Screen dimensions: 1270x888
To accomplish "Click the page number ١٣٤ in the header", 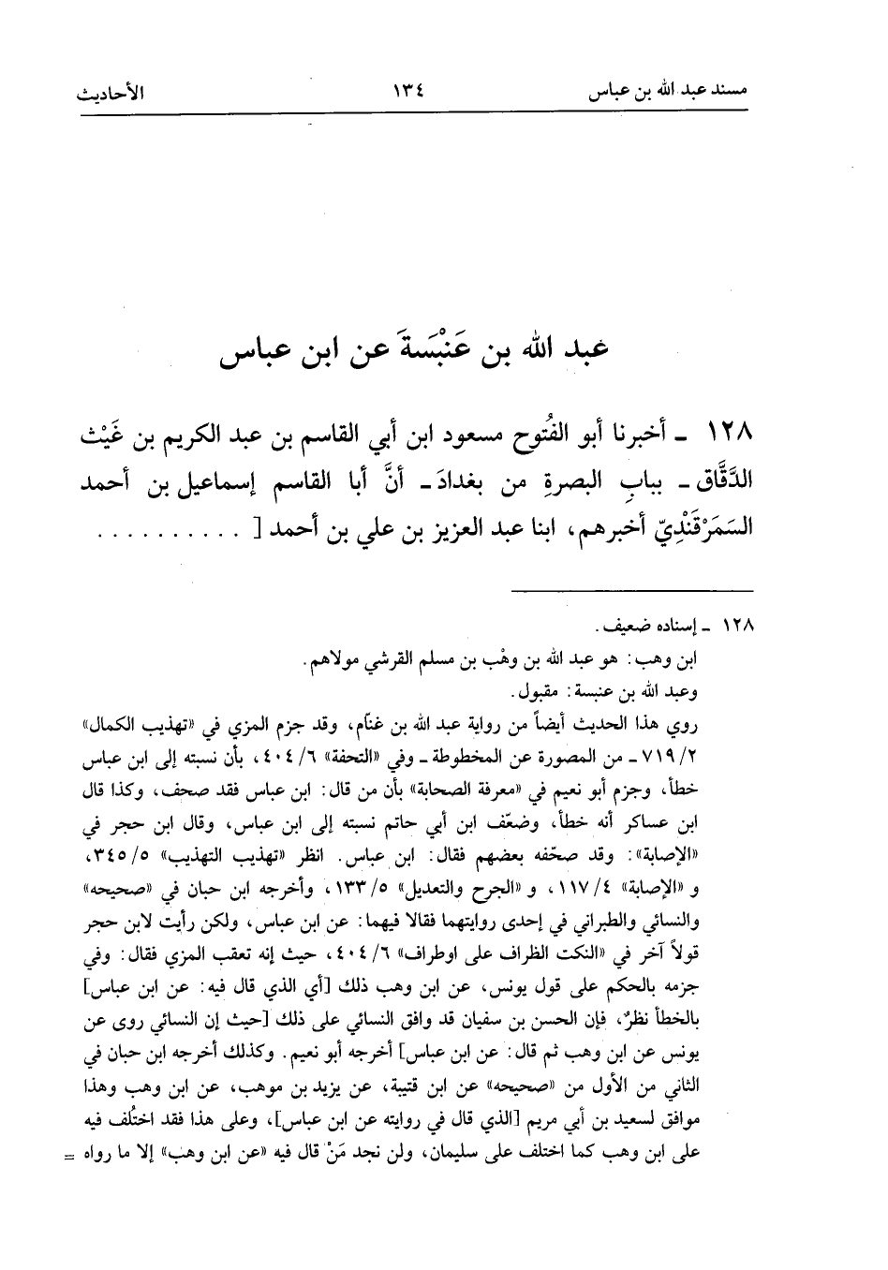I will click(408, 94).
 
